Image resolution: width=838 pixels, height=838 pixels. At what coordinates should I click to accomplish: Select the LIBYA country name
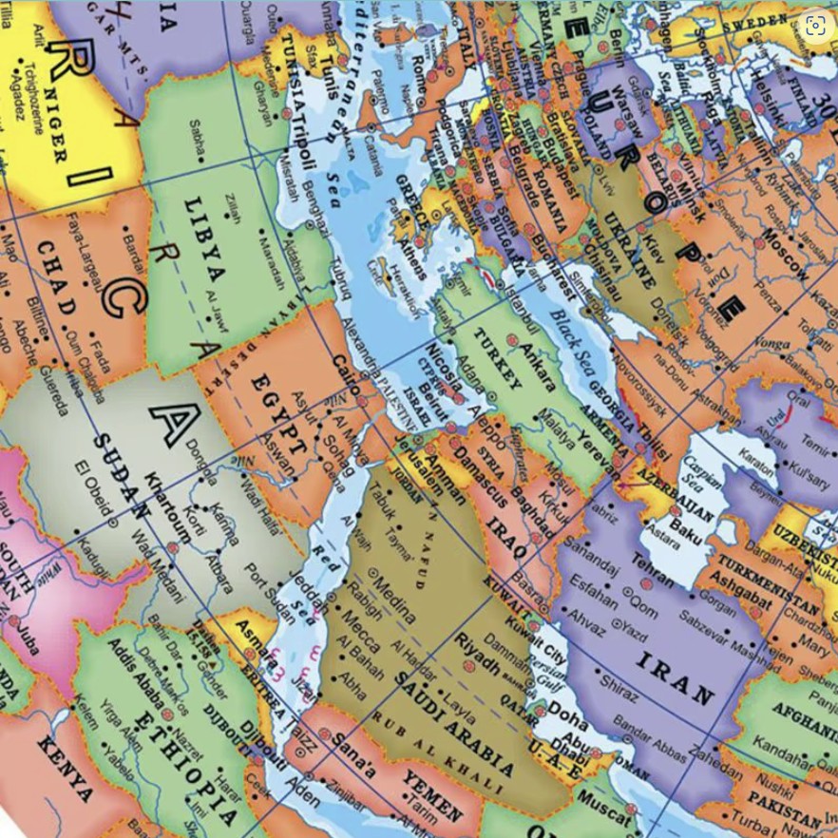[206, 241]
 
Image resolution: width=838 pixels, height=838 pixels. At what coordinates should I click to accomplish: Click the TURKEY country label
[495, 356]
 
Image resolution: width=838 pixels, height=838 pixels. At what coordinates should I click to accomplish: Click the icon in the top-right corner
[814, 26]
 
